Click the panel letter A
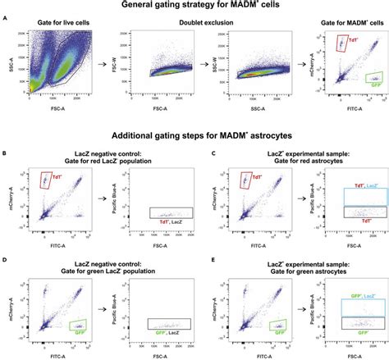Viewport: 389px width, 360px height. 6,18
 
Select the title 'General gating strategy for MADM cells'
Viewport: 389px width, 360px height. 194,5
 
